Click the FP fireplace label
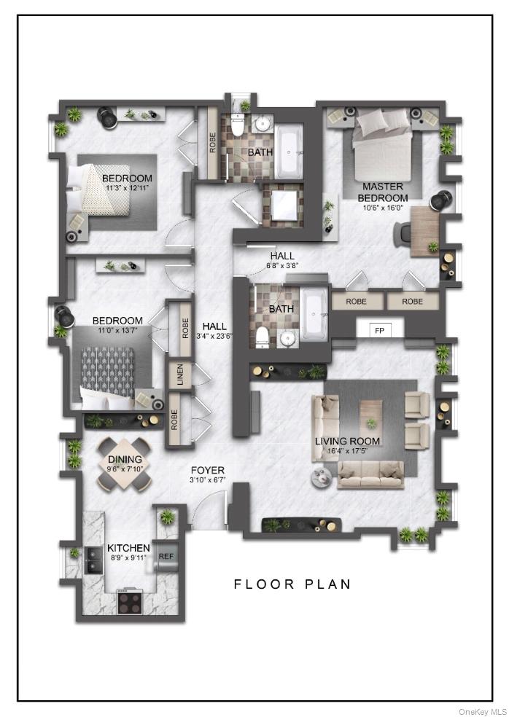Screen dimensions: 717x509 pos(379,331)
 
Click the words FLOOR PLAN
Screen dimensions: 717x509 pos(292,584)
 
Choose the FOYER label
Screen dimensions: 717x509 pos(208,471)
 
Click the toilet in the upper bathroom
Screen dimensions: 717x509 pos(236,125)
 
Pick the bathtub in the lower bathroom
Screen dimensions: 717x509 pos(315,316)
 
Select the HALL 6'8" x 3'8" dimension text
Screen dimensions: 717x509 pos(282,266)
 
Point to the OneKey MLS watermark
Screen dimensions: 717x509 pos(482,711)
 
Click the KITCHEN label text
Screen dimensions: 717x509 pos(128,548)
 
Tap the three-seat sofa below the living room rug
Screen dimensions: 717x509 pos(372,477)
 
